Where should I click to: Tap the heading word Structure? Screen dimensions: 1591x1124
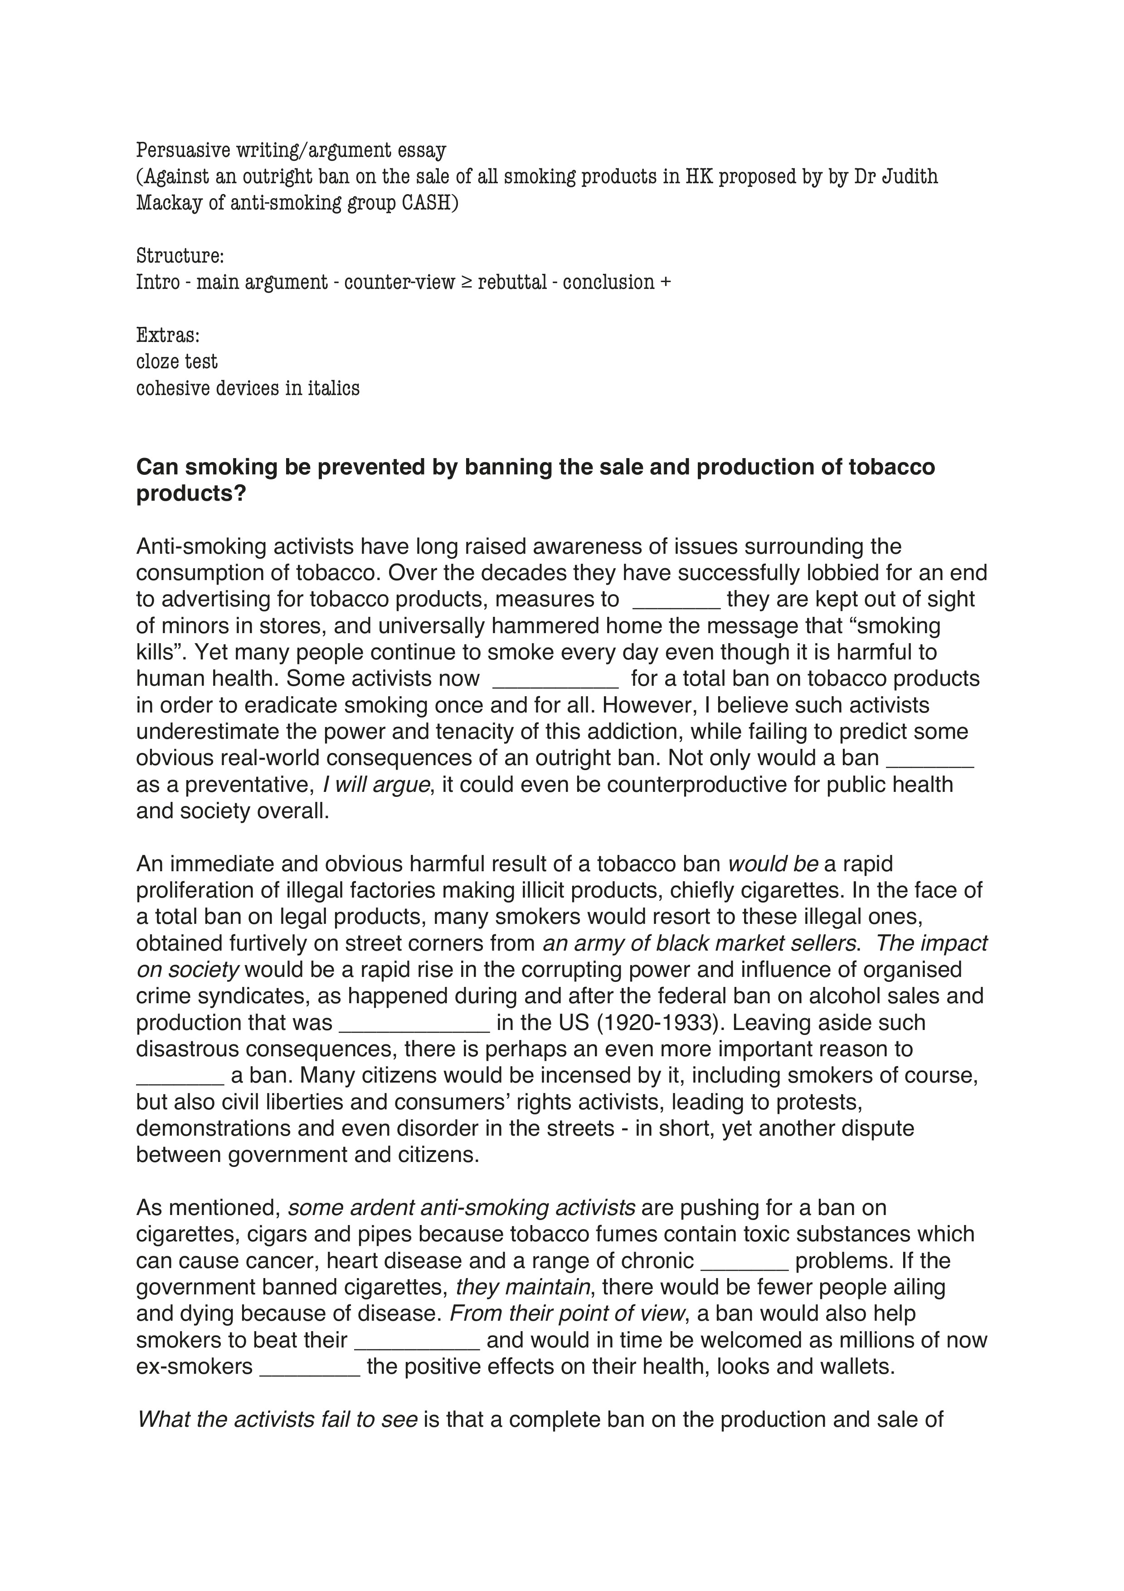[x=180, y=256]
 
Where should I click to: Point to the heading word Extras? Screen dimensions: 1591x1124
[x=168, y=335]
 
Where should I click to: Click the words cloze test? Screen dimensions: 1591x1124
[x=176, y=362]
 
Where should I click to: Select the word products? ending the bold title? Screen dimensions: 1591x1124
[x=191, y=494]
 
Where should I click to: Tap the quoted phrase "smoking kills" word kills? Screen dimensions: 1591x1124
[x=161, y=652]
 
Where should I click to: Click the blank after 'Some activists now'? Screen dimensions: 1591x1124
[x=555, y=679]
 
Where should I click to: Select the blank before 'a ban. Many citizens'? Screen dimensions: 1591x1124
[x=180, y=1075]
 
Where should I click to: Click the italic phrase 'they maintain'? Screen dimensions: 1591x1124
[x=523, y=1287]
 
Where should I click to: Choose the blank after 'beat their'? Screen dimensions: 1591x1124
[x=417, y=1340]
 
